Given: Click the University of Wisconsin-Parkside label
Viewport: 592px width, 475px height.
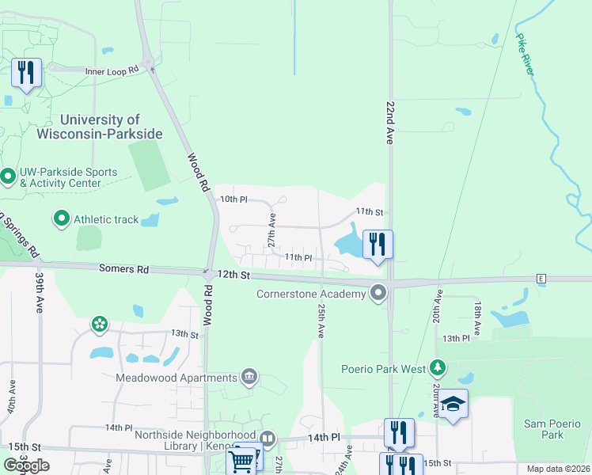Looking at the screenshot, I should point(100,127).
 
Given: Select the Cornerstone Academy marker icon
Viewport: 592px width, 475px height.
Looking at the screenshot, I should point(378,294).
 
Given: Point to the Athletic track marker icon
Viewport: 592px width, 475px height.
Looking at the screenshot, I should point(62,219).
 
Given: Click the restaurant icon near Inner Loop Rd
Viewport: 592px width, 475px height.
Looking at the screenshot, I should point(26,73).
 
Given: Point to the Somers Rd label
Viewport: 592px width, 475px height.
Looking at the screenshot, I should point(123,269).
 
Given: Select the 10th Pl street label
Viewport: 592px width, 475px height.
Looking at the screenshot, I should point(233,199).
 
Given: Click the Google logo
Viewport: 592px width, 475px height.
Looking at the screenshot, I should point(26,465).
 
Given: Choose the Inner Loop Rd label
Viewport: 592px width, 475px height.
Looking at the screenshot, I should point(112,70).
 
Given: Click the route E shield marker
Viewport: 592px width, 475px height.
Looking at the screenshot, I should point(541,279).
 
